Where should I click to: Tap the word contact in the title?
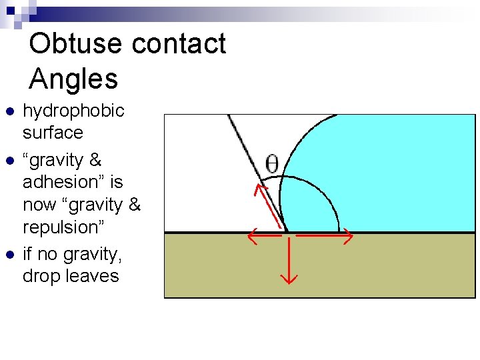tap(179, 44)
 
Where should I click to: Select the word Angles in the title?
tap(73, 79)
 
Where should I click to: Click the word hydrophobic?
tap(73, 111)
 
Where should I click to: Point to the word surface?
tap(53, 133)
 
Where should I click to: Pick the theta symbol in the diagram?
tap(272, 164)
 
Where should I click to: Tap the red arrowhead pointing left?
tap(250, 235)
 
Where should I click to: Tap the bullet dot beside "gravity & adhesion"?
tap(9, 161)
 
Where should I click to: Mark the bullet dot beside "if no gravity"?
tap(9, 255)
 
